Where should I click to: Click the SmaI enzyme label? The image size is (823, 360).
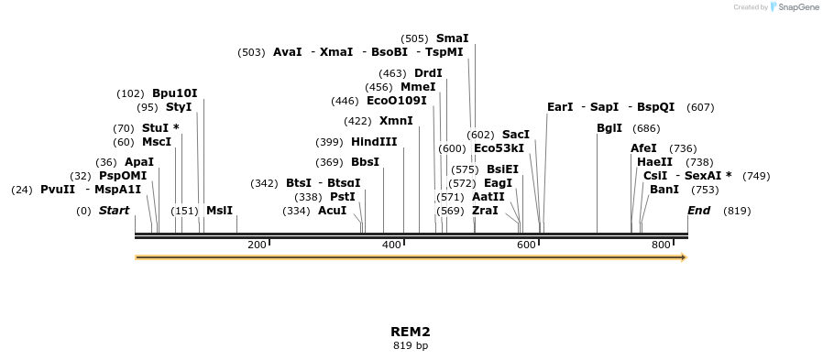pos(452,38)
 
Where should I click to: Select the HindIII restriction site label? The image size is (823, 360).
pos(374,142)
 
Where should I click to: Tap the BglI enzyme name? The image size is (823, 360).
pos(609,128)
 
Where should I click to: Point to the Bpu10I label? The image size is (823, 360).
pos(174,93)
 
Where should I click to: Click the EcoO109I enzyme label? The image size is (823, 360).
pos(396,101)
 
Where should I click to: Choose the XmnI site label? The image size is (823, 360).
pos(396,121)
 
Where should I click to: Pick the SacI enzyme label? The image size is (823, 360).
pos(515,135)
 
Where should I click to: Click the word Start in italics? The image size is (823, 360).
pos(114,211)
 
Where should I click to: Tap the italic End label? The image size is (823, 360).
pos(698,211)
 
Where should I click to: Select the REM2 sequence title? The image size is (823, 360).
pos(410,332)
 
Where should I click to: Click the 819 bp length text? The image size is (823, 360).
pos(410,346)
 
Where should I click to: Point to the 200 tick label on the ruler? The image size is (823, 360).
pos(257,245)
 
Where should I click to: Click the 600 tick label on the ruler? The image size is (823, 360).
pos(526,245)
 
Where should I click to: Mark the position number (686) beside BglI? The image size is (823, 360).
pos(646,128)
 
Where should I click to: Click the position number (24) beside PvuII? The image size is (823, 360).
pos(22,190)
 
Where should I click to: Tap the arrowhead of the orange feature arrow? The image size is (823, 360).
pos(683,257)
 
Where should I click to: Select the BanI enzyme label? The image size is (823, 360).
pos(664,190)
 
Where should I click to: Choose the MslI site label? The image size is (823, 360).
pos(219,211)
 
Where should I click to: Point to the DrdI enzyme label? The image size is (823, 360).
pos(428,73)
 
